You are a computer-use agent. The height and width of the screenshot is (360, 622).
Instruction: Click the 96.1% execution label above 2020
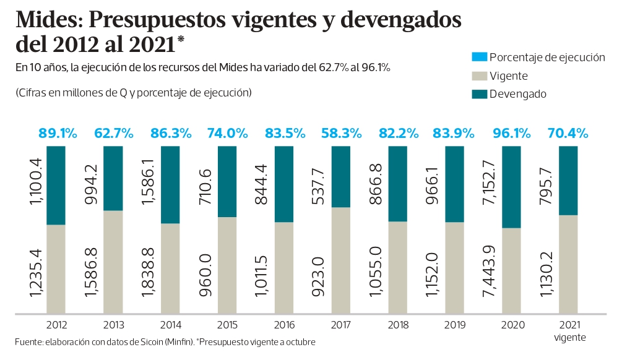[x=511, y=133]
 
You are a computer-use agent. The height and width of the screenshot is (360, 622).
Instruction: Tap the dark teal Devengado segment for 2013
[x=113, y=178]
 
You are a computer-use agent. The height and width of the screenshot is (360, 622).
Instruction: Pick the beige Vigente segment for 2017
[x=341, y=260]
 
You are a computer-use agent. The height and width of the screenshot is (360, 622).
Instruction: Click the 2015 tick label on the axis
[x=227, y=324]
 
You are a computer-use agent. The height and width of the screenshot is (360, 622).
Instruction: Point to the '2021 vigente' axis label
[x=569, y=330]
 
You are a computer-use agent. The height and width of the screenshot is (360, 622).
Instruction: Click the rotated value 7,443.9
[x=486, y=270]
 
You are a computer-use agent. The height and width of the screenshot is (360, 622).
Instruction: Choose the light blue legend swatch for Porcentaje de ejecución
[x=479, y=58]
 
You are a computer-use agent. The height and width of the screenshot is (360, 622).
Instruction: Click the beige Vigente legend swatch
[x=479, y=76]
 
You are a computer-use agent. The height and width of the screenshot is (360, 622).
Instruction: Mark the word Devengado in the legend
[x=517, y=95]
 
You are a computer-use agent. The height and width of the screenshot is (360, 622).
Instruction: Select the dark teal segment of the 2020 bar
[x=511, y=187]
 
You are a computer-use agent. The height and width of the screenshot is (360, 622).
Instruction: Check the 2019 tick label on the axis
[x=455, y=324]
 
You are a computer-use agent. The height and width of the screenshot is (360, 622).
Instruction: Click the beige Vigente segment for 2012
[x=56, y=268]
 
